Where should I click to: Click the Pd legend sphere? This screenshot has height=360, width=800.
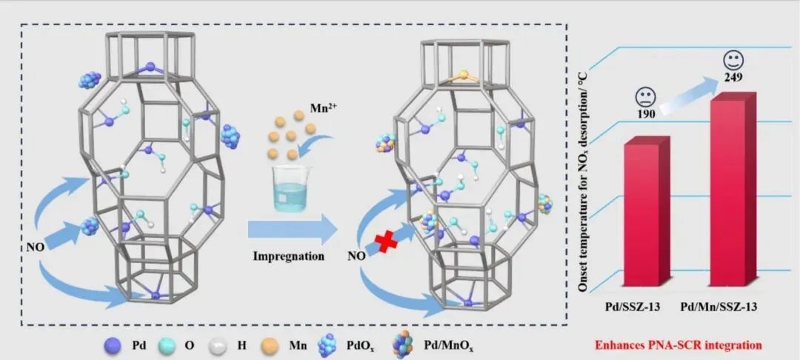click(114, 344)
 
